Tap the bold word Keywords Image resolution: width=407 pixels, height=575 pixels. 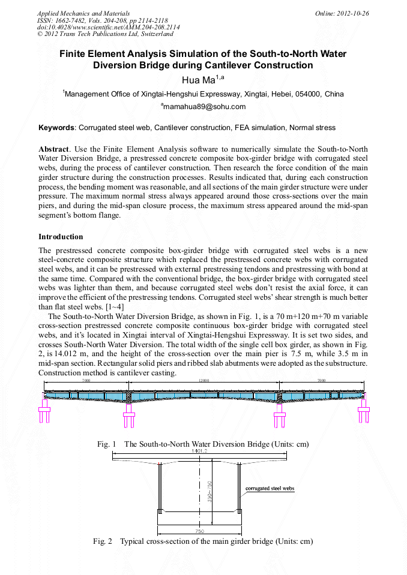tap(57, 128)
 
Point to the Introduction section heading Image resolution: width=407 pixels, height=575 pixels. tap(61, 237)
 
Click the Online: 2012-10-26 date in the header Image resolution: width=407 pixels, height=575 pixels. tap(342, 13)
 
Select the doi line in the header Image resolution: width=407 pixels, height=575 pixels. tap(108, 28)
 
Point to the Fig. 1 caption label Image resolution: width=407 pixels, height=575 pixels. tap(106, 444)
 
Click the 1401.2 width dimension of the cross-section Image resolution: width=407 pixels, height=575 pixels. tap(199, 451)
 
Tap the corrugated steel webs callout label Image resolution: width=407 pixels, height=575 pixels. tap(270, 489)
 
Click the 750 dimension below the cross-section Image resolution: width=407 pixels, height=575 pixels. tap(199, 531)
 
